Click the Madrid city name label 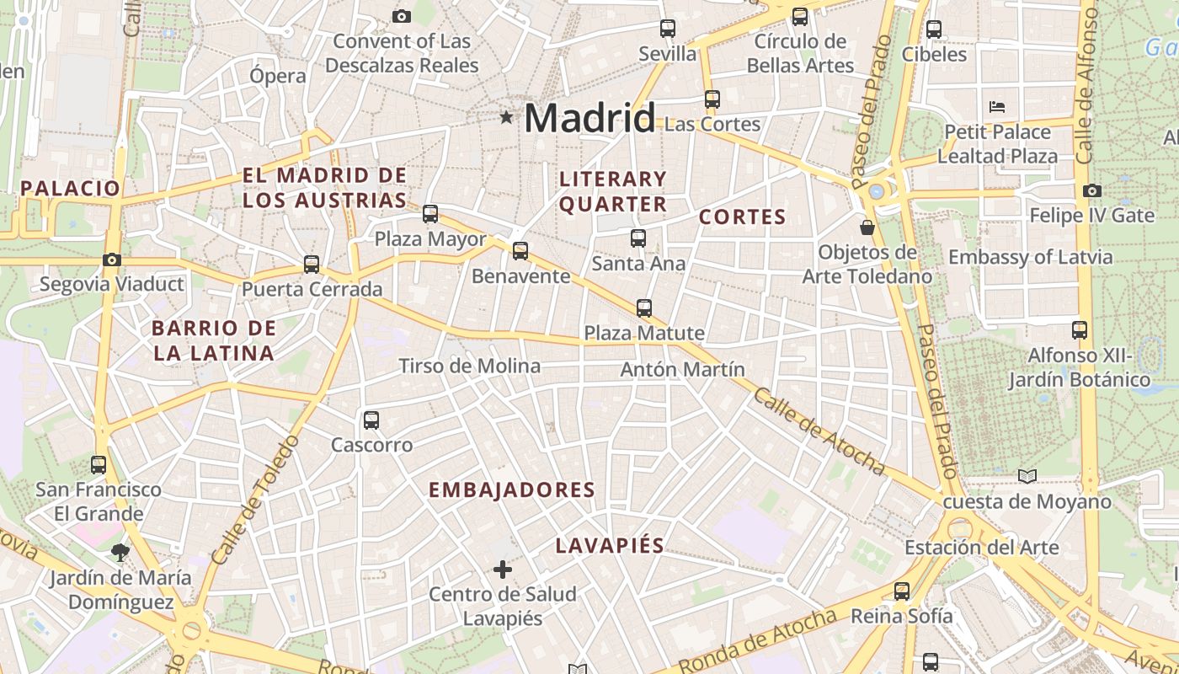click(x=589, y=118)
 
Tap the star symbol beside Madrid click(x=506, y=118)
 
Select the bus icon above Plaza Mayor click(x=430, y=214)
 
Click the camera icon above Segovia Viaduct click(x=112, y=259)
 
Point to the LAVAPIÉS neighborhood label click(x=610, y=546)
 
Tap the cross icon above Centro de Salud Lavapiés click(x=503, y=570)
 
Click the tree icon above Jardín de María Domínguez click(x=120, y=553)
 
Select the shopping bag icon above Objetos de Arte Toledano click(x=867, y=227)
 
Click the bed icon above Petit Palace click(x=997, y=107)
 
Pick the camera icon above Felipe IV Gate click(x=1092, y=190)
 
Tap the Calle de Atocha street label click(x=819, y=431)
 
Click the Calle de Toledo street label click(x=256, y=500)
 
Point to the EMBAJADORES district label click(x=511, y=490)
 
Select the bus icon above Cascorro click(x=371, y=420)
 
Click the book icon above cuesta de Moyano click(x=1027, y=477)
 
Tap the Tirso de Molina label click(x=469, y=366)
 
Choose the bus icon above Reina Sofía click(x=902, y=591)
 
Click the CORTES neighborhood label click(x=742, y=217)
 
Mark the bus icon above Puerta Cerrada click(x=312, y=265)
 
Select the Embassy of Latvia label click(x=1031, y=257)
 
